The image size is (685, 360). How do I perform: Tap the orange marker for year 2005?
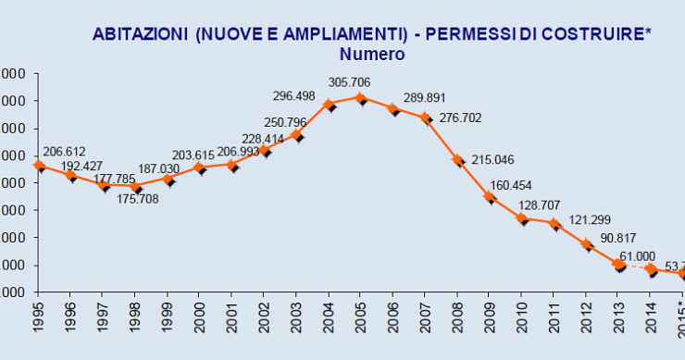point(361,97)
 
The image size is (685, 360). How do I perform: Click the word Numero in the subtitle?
point(372,54)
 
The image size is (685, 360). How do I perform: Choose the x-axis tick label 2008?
point(457,317)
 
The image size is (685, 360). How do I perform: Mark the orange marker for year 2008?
point(457,159)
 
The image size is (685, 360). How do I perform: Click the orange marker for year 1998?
point(136,185)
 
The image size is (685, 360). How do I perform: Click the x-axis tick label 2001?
point(232,317)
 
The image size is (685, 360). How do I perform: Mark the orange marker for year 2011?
point(554,223)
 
